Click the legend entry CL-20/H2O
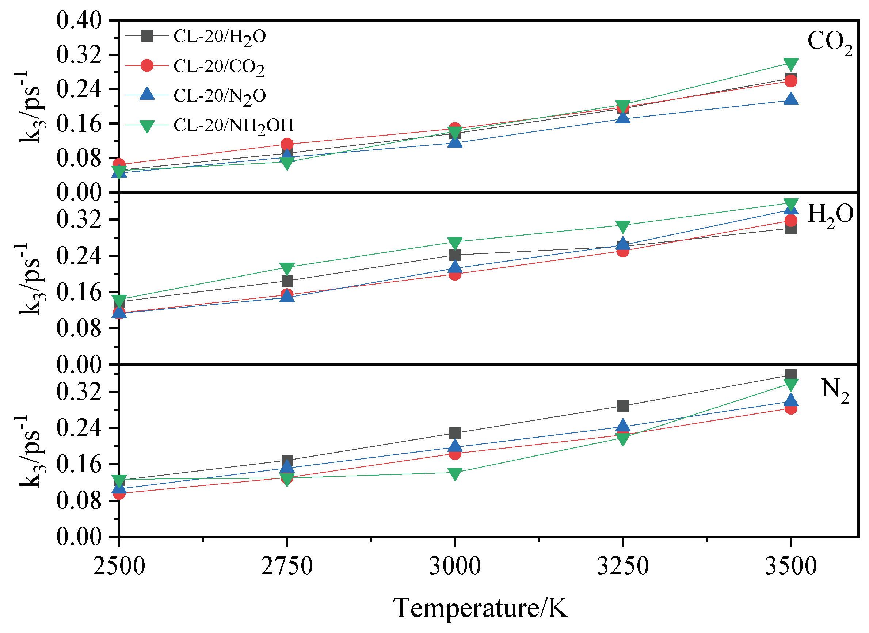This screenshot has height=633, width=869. pyautogui.click(x=219, y=37)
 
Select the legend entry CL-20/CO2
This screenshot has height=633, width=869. pyautogui.click(x=218, y=66)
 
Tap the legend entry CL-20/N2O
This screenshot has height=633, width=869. pyautogui.click(x=219, y=96)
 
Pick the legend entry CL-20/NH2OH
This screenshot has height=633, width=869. pyautogui.click(x=233, y=126)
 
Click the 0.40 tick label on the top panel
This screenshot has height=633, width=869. pyautogui.click(x=79, y=20)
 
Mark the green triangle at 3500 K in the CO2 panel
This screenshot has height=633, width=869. pyautogui.click(x=790, y=64)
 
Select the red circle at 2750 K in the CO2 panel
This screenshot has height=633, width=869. pyautogui.click(x=287, y=144)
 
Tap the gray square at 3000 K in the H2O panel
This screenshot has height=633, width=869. pyautogui.click(x=455, y=255)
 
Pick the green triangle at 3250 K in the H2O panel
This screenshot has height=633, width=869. pyautogui.click(x=623, y=226)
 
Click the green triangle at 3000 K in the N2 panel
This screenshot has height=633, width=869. pyautogui.click(x=455, y=474)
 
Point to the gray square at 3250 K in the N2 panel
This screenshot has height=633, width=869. pyautogui.click(x=623, y=406)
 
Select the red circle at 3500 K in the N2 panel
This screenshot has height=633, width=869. pyautogui.click(x=790, y=408)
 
